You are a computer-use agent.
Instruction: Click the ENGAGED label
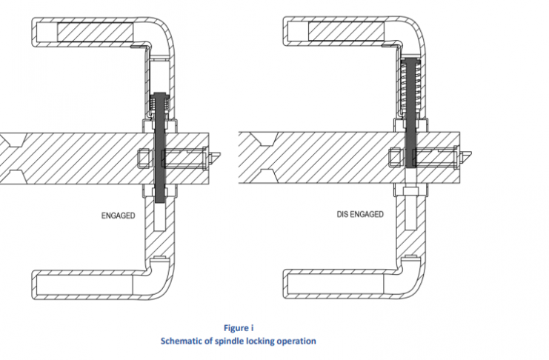[x=118, y=216]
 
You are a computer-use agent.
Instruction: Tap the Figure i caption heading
[x=239, y=327]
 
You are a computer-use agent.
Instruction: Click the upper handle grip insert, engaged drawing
[x=96, y=33]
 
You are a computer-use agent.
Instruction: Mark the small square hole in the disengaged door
[x=396, y=157]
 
